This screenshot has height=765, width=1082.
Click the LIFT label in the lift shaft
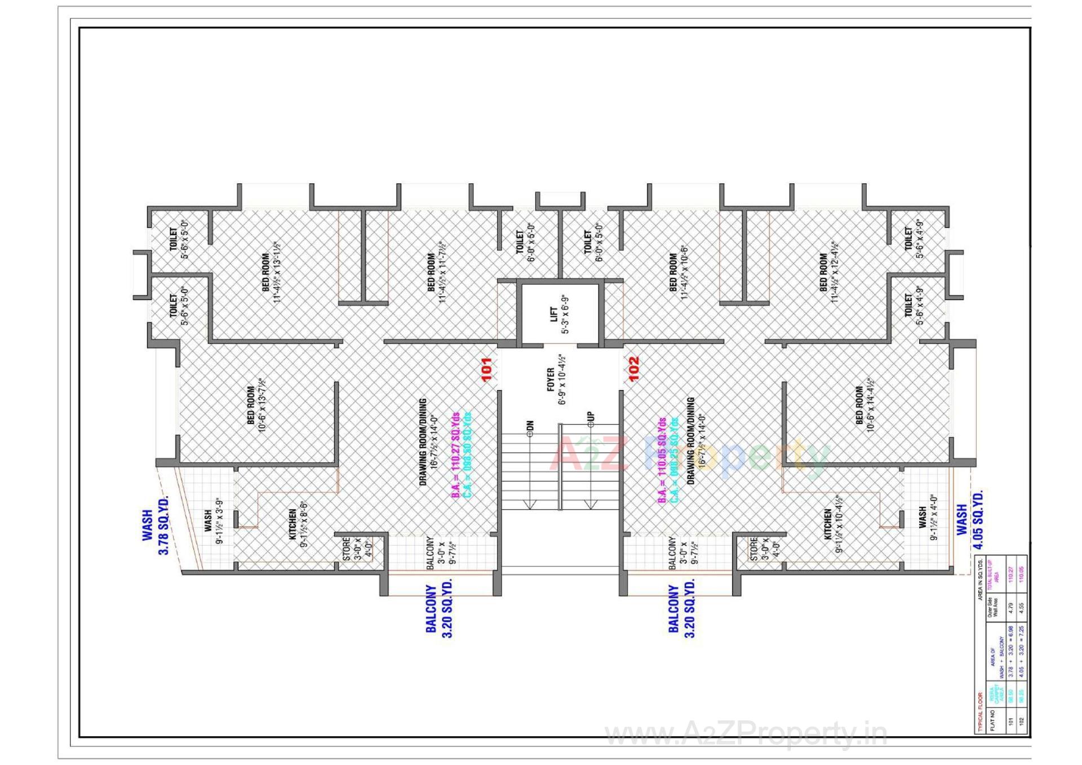coord(554,314)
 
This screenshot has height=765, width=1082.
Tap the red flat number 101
coord(486,369)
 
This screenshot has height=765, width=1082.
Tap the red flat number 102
coord(633,369)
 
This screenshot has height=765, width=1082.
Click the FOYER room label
coord(551,379)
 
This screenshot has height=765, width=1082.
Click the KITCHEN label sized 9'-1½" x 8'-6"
coord(292,524)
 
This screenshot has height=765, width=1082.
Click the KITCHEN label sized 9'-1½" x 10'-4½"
coord(828,524)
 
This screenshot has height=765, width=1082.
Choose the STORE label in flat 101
coord(347,548)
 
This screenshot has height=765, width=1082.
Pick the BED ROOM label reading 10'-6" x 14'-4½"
coord(859,405)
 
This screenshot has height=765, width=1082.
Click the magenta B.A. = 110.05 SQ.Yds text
coord(662,460)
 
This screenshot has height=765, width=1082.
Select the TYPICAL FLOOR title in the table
coord(979,713)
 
